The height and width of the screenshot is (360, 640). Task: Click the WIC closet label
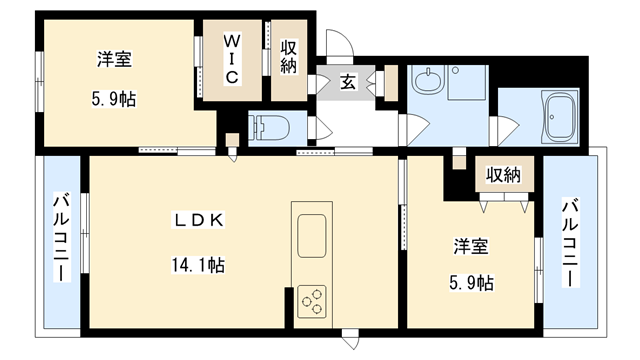pos(231,61)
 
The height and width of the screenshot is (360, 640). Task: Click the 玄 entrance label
pos(347,82)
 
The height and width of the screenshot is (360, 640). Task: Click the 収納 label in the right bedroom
pos(503,175)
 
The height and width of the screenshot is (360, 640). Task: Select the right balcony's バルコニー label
pos(571,243)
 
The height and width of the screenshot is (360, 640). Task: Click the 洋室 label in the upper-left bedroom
pos(113,59)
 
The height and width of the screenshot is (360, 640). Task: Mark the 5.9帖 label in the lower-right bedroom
pos(470,283)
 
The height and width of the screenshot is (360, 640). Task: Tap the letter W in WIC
pos(231,42)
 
